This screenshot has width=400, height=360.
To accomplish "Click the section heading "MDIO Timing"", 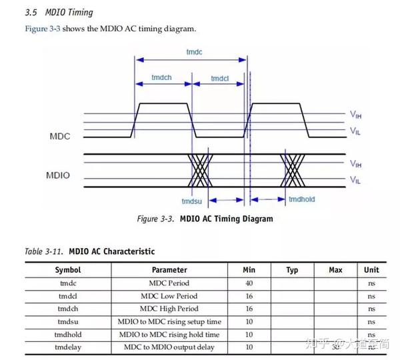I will point(69,12).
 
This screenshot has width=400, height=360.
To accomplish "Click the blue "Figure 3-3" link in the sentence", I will point(43,29).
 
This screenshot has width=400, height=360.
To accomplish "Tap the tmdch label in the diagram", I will point(163,79).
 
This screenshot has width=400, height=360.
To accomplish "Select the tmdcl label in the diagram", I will point(220,79).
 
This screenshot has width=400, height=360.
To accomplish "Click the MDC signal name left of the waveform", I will point(59,136).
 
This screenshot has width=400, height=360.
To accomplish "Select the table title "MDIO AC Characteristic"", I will point(111,251).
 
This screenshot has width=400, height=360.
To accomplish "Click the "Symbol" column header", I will point(68,270).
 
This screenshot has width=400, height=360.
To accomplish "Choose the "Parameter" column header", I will point(169,270).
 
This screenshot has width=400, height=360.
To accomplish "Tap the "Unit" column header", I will point(371,270).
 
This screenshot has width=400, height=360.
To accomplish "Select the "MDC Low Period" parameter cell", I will point(169,296).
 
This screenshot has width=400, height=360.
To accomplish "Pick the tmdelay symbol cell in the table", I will point(68,347).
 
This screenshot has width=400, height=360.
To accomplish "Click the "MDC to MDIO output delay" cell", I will point(169,347).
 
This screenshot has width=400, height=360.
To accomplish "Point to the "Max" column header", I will point(336,270).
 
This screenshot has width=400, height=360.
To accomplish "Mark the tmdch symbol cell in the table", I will point(68,309).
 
